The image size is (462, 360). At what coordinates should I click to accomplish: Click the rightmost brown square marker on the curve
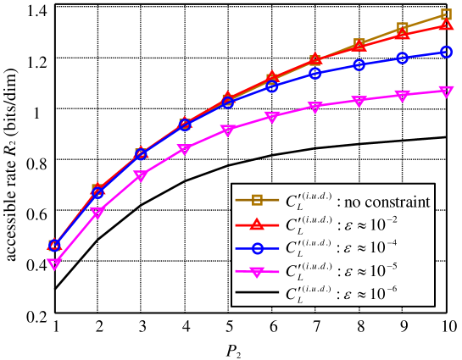446,15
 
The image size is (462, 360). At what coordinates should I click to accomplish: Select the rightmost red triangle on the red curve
446,25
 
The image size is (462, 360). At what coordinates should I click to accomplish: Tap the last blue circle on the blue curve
446,53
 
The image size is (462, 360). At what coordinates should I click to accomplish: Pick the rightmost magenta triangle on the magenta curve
446,91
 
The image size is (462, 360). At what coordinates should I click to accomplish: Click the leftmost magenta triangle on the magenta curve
54,264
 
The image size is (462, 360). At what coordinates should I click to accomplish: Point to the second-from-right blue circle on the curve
403,58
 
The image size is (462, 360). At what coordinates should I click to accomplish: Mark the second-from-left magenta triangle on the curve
97,213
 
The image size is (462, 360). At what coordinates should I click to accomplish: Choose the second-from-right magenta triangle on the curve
403,96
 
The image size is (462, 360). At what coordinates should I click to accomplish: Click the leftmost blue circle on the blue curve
54,245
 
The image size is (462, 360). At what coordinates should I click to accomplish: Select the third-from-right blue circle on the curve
359,65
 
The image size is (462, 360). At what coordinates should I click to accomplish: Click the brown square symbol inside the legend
257,201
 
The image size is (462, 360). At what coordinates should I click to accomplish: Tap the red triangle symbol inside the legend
257,224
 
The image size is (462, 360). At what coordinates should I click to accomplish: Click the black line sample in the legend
257,294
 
